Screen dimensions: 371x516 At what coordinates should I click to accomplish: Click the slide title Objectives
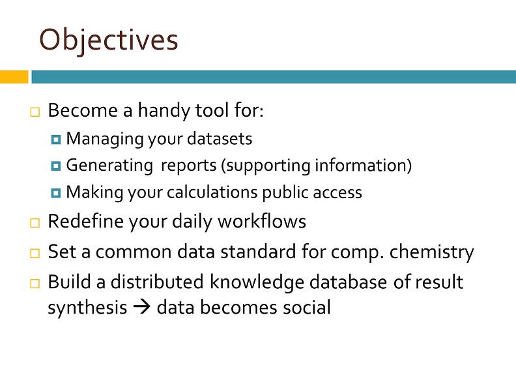point(108,40)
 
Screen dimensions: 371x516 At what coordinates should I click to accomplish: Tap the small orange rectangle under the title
point(14,77)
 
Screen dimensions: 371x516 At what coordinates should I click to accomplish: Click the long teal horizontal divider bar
point(273,77)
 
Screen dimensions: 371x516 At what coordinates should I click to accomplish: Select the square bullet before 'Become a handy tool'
point(34,112)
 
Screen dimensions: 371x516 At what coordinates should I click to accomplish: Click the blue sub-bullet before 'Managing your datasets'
point(56,140)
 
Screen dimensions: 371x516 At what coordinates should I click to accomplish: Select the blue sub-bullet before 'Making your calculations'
point(56,193)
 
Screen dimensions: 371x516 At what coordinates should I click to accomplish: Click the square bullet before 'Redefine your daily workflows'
point(34,223)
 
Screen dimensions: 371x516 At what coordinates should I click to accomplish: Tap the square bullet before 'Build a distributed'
point(34,284)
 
